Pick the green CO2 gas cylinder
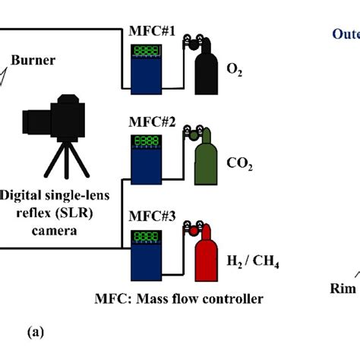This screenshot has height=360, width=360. coord(205,163)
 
